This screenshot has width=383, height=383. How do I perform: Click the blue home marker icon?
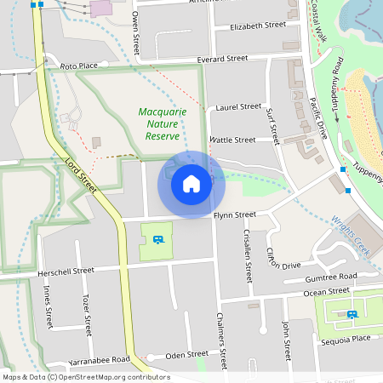[x=191, y=183]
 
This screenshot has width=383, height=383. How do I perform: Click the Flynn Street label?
[x=234, y=215]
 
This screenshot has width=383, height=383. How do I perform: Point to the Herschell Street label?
[x=66, y=271]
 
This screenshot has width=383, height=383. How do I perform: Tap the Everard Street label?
[x=221, y=59]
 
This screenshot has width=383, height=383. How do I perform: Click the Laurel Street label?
[x=239, y=107]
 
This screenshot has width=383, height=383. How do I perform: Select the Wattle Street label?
[x=232, y=140]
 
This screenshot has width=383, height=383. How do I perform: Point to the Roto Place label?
[x=79, y=66]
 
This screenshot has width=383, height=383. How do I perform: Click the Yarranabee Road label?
[x=95, y=360]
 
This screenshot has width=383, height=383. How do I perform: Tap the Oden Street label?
[x=186, y=354]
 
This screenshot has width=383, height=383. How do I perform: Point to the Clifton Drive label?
[x=283, y=258]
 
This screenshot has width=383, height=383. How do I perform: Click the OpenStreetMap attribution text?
[x=85, y=377]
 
